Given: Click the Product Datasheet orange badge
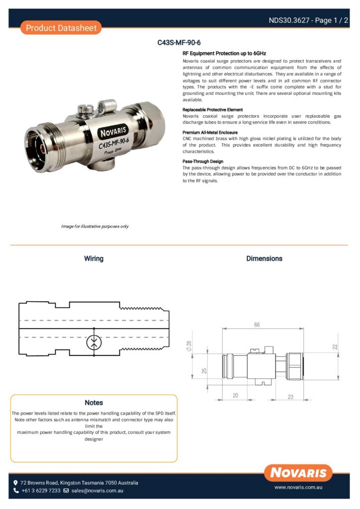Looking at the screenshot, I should pos(61,28).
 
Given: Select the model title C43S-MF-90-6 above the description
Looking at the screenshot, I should pos(179,43).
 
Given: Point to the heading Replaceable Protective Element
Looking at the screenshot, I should pos(213,109).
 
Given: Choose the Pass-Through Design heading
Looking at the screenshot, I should pos(203,162).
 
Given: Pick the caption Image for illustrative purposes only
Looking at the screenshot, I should pos(94,226).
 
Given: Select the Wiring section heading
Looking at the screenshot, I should pos(93,258).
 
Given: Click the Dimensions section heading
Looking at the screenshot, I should pos(264,258).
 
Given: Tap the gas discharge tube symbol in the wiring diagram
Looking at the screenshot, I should pos(93,342).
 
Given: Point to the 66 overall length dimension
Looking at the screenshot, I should pos(257,324).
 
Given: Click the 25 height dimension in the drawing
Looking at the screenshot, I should pos(204,371).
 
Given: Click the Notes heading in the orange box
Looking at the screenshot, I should pos(93,403).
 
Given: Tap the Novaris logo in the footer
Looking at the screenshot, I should pos(298,473).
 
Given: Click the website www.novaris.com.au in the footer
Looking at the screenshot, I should pos(299,488).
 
